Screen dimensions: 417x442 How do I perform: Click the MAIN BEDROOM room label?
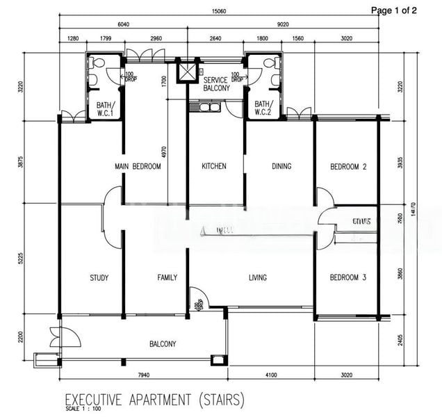138,167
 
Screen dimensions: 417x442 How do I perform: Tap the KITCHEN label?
214,167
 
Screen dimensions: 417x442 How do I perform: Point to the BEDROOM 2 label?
348,167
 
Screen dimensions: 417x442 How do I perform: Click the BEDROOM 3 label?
348,278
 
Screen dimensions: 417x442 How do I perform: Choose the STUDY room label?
99,278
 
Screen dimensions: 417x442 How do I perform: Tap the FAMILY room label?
167,278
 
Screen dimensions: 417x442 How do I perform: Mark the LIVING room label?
258,278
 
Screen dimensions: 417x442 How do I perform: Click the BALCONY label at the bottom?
163,344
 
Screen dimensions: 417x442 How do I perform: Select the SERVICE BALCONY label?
216,85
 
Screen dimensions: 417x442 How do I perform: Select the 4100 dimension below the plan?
270,376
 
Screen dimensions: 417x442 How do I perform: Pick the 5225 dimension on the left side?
21,258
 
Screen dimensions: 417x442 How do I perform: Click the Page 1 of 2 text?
394,10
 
